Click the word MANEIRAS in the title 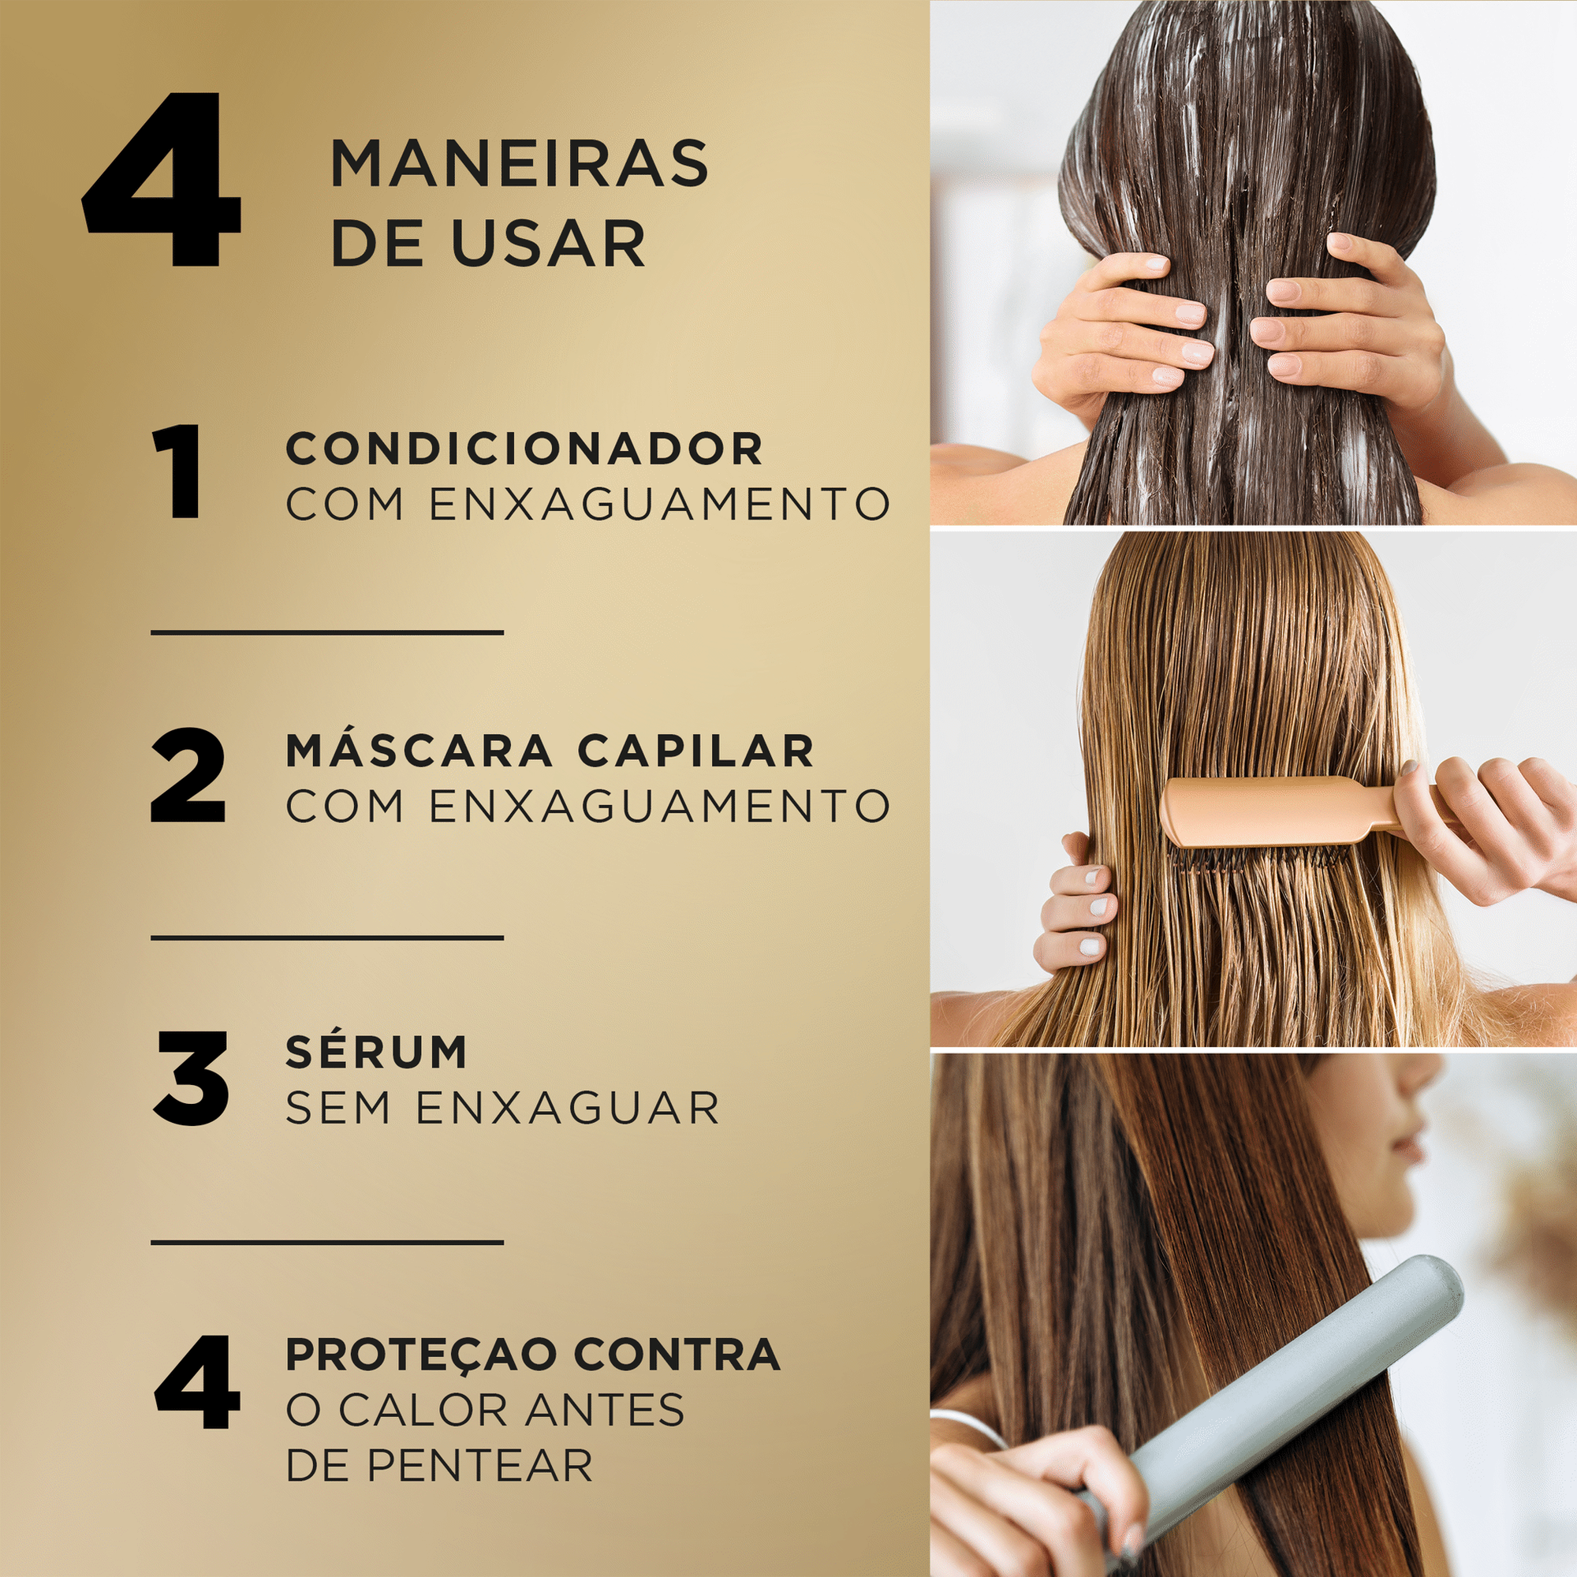518,164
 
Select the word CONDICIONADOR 524,448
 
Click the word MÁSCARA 419,750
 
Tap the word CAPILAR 695,750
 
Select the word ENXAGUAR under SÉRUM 567,1108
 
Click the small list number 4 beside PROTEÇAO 196,1382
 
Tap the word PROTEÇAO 421,1355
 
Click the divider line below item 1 326,632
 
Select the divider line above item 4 326,1243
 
